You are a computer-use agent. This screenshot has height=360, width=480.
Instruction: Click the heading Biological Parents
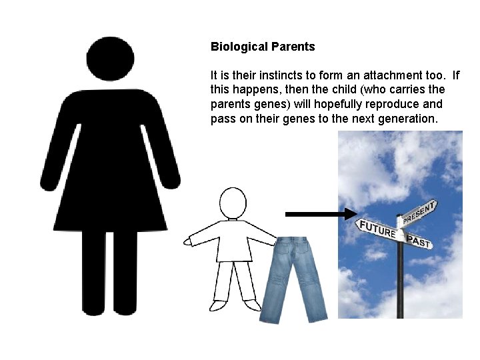[x=263, y=47]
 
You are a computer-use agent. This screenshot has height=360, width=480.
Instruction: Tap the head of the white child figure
[x=233, y=202]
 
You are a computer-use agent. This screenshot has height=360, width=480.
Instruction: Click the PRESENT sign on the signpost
[x=419, y=213]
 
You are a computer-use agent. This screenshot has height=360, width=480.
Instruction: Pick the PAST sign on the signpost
[x=418, y=241]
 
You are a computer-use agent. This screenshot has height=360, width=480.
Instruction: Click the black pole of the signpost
[x=400, y=280]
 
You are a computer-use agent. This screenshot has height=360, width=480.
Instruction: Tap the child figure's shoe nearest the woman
[x=218, y=305]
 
